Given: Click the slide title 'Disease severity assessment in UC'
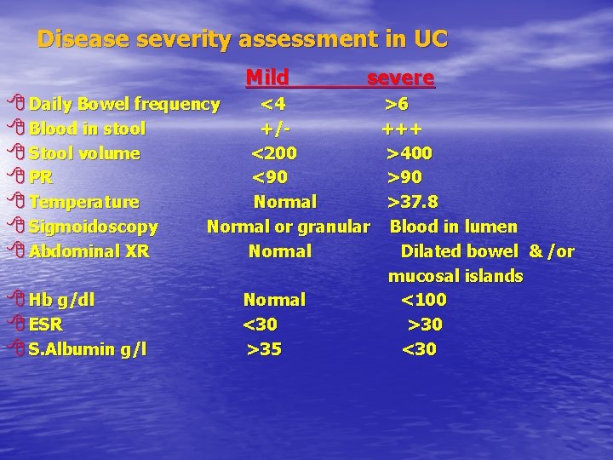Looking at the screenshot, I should click(243, 39).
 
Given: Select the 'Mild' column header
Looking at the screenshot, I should click(267, 78).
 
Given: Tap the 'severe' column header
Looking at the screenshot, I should click(400, 78).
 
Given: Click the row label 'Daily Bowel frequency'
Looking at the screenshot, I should click(124, 105).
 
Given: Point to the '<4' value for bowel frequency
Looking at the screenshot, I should click(273, 105).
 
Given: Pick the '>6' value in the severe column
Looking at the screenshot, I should click(397, 105).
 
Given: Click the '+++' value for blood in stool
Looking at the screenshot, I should click(402, 129).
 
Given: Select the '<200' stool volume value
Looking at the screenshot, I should click(274, 153).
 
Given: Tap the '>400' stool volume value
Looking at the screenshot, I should click(410, 153).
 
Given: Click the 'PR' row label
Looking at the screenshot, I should click(41, 178).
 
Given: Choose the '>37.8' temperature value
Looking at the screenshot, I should click(413, 202).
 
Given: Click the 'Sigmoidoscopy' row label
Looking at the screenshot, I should click(94, 227).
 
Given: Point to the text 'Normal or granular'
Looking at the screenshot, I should click(289, 227).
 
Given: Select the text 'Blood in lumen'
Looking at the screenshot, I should click(453, 227).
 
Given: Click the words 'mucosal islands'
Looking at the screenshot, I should click(455, 276).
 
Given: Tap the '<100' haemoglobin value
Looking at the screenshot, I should click(423, 300).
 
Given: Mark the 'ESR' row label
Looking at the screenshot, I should click(46, 325).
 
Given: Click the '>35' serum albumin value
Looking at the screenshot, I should click(264, 349).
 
